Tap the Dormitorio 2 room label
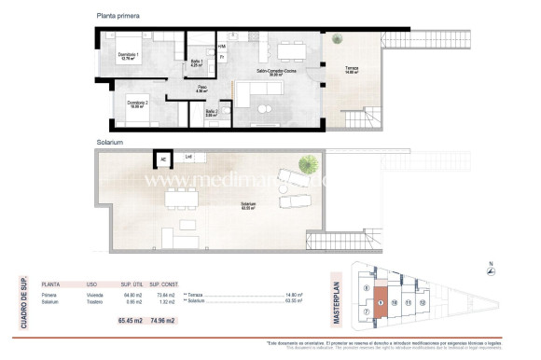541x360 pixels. click(x=136, y=104)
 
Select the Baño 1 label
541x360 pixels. click(x=197, y=62)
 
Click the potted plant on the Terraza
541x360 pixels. click(x=336, y=38)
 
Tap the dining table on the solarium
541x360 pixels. click(x=179, y=199)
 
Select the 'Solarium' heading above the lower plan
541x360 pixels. click(x=110, y=143)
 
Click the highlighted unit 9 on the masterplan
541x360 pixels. click(x=381, y=303)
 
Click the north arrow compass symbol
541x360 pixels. click(x=492, y=271)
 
